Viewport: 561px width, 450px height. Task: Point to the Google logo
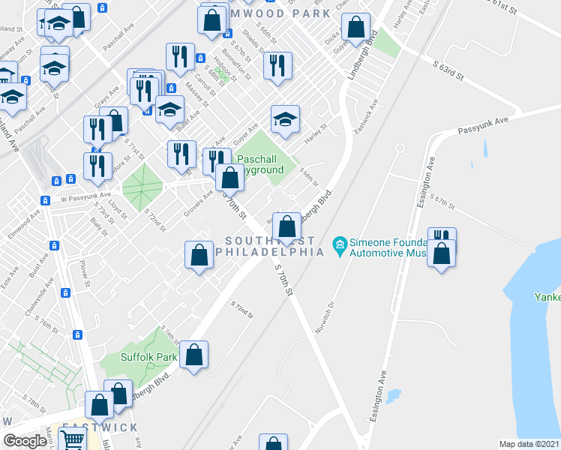(25, 440)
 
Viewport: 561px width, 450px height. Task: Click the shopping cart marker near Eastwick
(72, 441)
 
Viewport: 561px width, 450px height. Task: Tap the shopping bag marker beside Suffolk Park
(193, 356)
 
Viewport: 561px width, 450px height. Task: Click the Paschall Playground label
(260, 164)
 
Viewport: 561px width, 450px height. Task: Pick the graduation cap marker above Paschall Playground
(285, 119)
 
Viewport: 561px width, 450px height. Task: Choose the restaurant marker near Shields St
(277, 65)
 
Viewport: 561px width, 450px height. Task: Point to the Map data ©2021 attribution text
(529, 443)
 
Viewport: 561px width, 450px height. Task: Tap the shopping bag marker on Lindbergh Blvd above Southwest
(286, 226)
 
